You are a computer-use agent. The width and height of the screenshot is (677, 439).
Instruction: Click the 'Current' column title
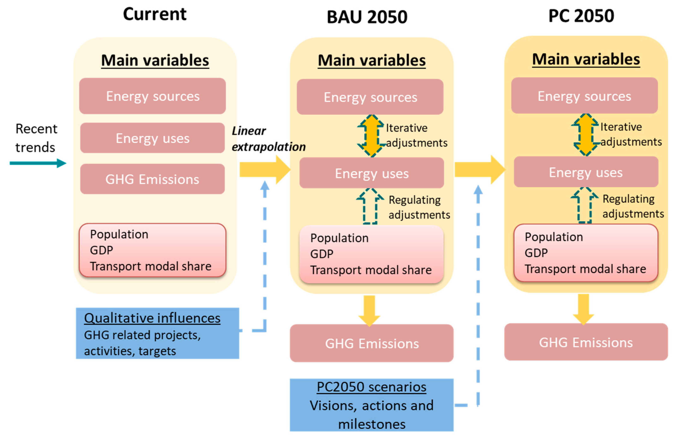[x=155, y=14]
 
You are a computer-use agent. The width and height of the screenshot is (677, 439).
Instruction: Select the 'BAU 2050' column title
[x=367, y=17]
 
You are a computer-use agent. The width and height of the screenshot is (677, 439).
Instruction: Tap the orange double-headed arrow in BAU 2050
[x=371, y=136]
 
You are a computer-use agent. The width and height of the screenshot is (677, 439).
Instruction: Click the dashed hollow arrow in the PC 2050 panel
[x=584, y=205]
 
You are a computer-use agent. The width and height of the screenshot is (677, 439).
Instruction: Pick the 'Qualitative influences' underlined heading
[x=152, y=318]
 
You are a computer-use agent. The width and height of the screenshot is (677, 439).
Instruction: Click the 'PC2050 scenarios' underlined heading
[x=371, y=387]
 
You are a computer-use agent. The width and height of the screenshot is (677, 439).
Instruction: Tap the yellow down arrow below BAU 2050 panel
[x=369, y=311]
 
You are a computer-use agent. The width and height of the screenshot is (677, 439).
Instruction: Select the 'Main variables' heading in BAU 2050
[x=371, y=61]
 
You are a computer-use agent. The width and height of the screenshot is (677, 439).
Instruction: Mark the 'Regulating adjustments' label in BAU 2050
[x=419, y=207]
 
